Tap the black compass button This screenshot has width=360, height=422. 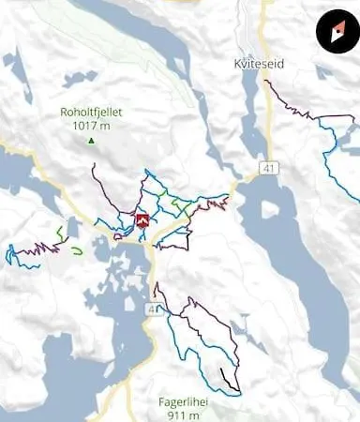point(335,33)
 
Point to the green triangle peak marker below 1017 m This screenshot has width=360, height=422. point(91,141)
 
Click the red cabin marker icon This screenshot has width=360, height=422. point(142,221)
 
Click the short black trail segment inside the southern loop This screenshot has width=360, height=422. point(228,380)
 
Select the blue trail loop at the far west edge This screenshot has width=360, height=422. point(11,256)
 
